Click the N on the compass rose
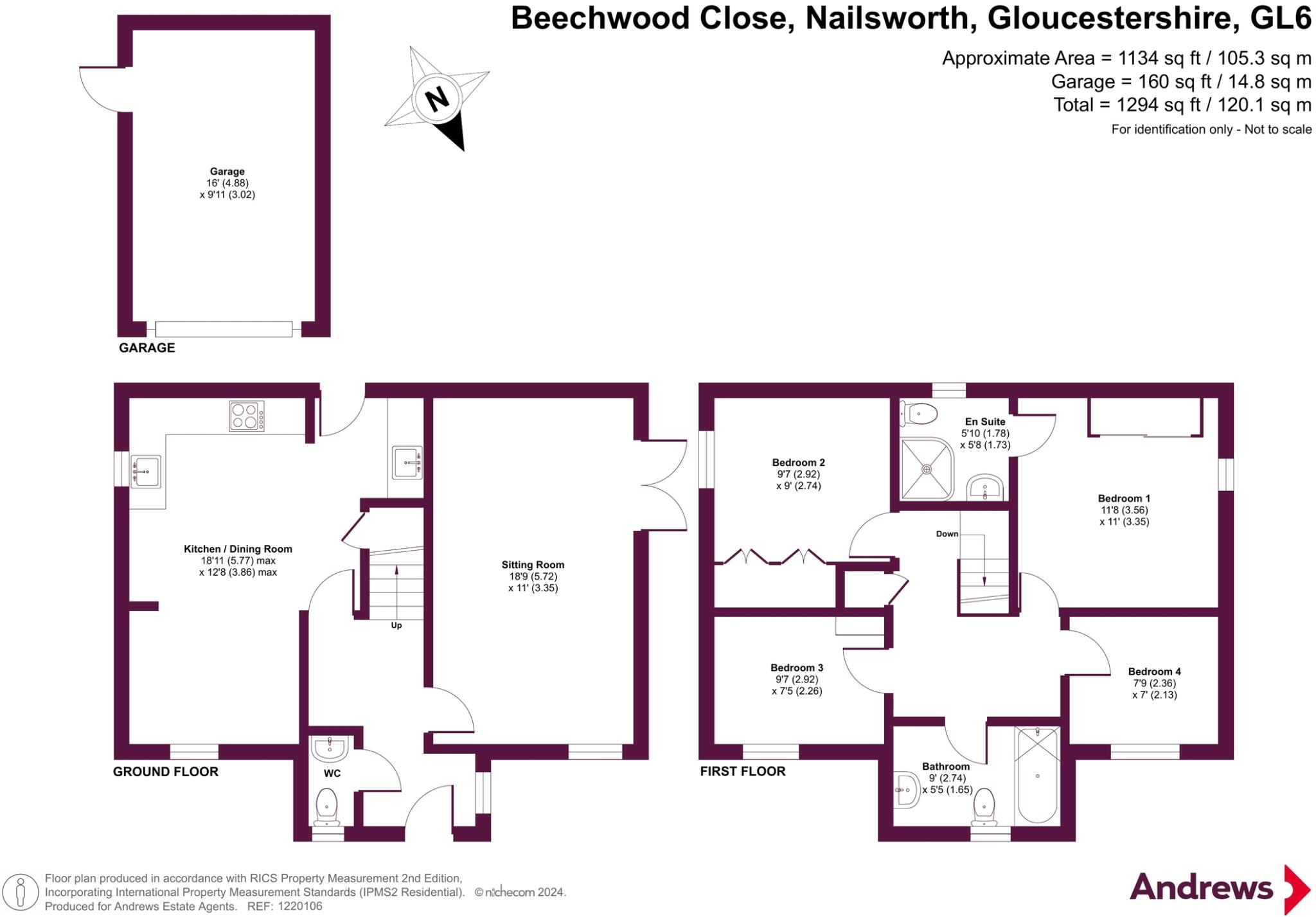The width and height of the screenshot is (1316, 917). [437, 100]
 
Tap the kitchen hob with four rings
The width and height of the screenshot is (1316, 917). [247, 416]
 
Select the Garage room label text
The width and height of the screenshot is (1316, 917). [227, 172]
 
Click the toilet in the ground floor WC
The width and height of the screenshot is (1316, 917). [327, 806]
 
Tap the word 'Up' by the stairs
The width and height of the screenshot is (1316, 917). [396, 625]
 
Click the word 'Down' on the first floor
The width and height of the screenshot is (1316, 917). [947, 534]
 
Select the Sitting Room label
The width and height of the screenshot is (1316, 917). [533, 565]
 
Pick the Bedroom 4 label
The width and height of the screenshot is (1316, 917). [1154, 672]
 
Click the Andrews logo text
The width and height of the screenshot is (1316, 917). [1201, 888]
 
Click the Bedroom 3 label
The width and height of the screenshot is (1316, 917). [797, 668]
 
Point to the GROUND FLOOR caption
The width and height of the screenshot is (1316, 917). [166, 772]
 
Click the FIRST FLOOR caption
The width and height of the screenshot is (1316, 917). [743, 771]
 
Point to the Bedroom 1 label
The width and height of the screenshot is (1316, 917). [1124, 498]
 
